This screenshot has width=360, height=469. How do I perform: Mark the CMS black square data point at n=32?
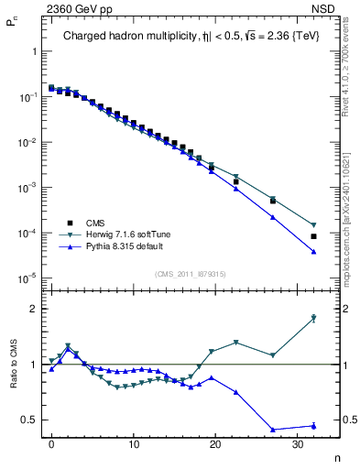tap(313, 236)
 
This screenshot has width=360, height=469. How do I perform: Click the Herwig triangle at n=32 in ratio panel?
tap(313, 318)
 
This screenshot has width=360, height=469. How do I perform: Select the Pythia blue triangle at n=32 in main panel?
tap(313, 252)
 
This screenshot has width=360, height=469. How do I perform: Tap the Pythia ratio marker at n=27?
tap(273, 430)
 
